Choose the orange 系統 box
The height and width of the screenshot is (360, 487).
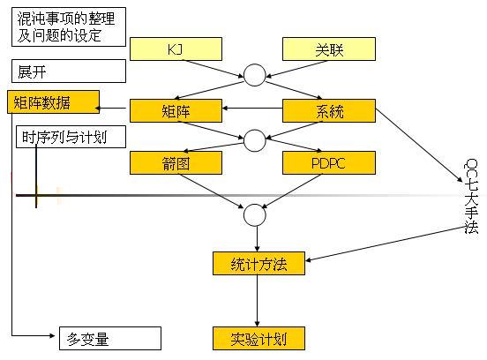tap(328, 110)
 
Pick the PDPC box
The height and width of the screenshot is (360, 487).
tap(328, 162)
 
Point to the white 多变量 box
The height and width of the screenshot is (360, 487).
tap(109, 338)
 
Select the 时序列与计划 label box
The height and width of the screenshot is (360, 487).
tap(70, 137)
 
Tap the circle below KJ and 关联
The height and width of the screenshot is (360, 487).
tap(254, 76)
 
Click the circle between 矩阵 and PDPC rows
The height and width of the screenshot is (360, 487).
tap(254, 139)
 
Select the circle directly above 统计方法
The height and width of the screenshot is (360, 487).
tap(254, 214)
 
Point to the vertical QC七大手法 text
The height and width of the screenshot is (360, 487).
tap(471, 196)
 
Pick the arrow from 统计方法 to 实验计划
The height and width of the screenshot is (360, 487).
tap(257, 300)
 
